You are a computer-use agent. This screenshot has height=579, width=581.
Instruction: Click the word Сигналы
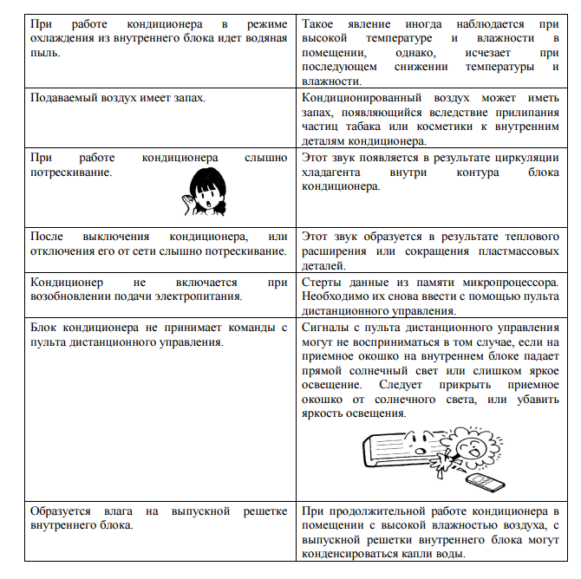[326, 327]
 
